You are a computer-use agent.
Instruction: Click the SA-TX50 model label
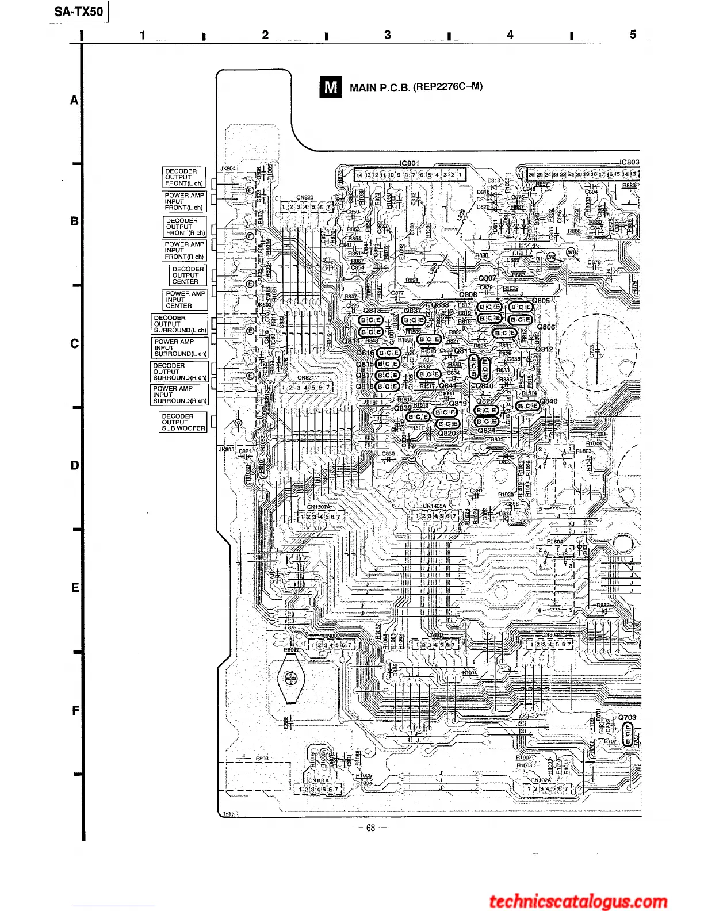[79, 11]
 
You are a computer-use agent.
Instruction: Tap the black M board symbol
[330, 87]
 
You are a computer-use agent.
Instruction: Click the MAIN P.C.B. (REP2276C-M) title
[416, 87]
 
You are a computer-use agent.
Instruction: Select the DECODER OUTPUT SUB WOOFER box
[182, 422]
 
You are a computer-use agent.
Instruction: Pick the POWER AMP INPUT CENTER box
[185, 300]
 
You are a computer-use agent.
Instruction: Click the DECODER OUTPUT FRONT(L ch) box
[184, 177]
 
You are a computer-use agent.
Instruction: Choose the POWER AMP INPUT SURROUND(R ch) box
[179, 395]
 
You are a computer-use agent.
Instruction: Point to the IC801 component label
[410, 163]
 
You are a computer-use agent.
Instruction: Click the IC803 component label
[629, 162]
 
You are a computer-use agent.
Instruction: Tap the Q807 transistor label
[487, 278]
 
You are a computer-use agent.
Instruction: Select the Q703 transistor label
[627, 717]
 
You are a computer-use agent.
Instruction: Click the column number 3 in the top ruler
[387, 35]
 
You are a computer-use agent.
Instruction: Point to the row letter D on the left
[75, 465]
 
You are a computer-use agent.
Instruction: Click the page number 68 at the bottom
[370, 828]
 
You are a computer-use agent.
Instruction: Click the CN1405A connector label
[434, 506]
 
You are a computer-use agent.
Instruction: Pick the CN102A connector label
[541, 780]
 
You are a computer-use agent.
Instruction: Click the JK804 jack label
[228, 169]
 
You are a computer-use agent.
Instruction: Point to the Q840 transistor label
[549, 401]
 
